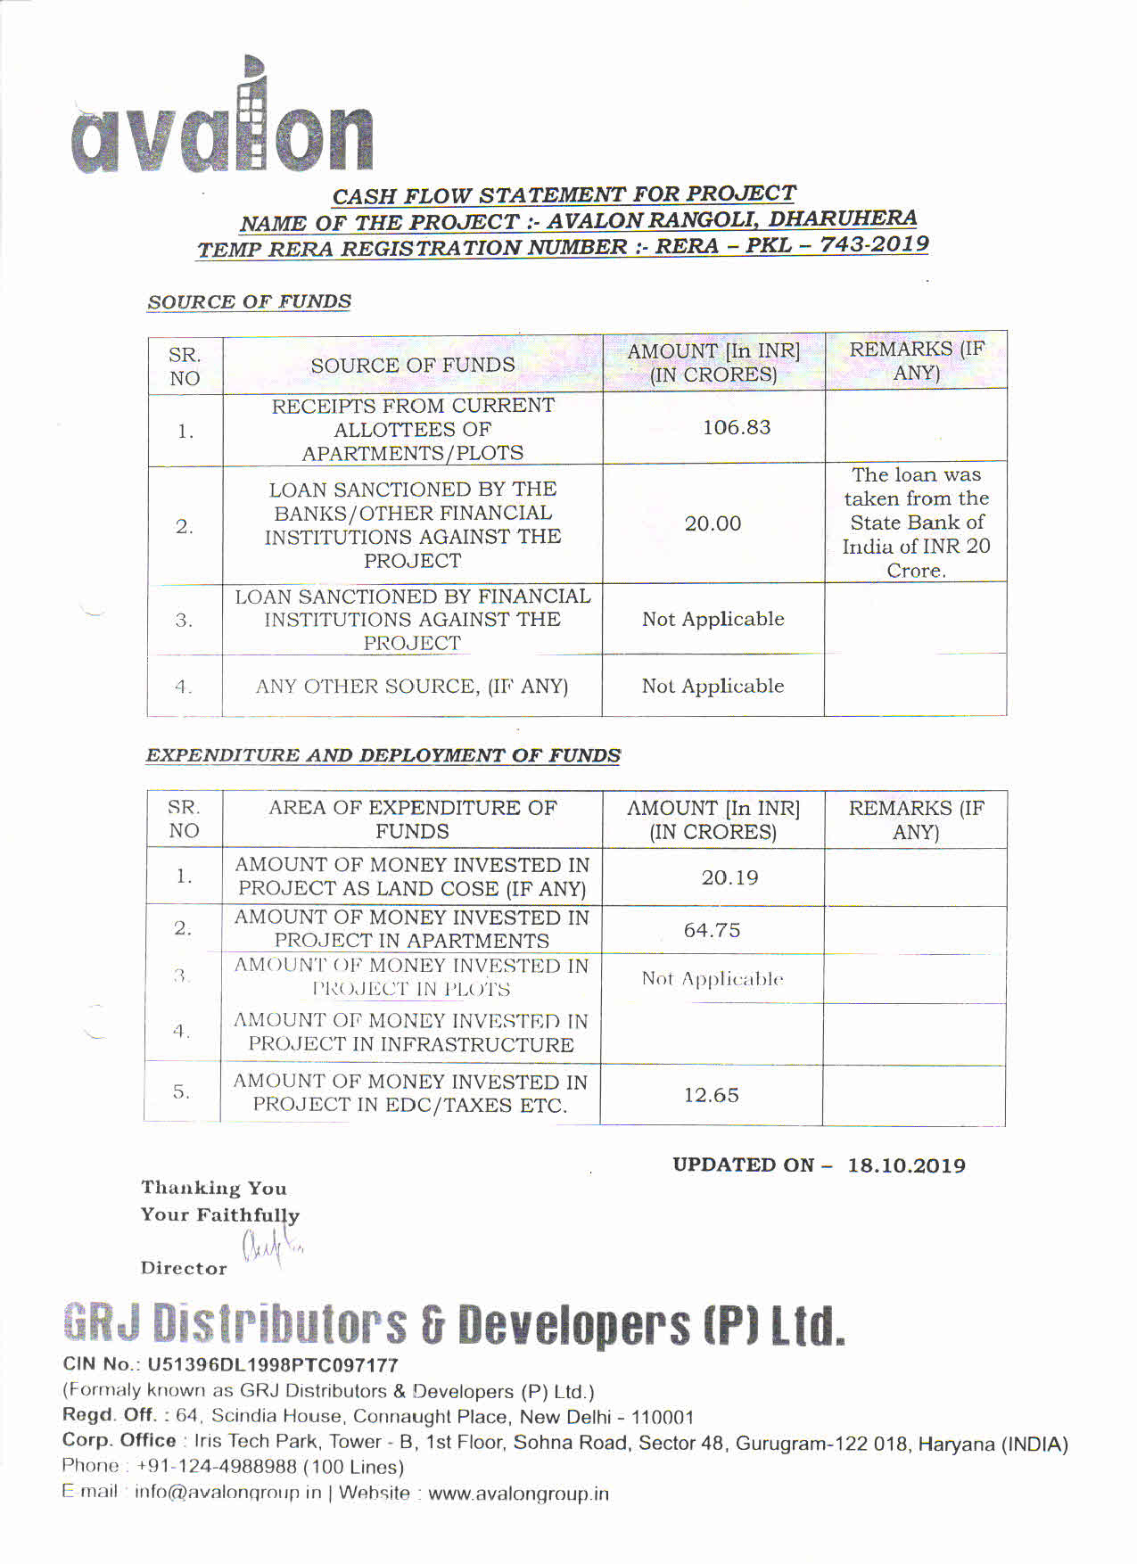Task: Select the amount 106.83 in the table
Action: [x=736, y=428]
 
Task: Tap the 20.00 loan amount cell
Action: [x=713, y=523]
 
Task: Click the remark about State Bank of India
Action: [x=916, y=523]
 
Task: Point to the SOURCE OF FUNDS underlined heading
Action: [x=250, y=302]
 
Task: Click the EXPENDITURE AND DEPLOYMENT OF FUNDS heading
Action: [x=383, y=755]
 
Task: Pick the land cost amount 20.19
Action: [x=729, y=878]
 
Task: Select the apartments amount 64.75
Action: [x=712, y=930]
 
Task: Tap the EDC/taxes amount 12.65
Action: [x=711, y=1095]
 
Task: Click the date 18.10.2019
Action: [x=906, y=1165]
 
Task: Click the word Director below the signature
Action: [x=184, y=1268]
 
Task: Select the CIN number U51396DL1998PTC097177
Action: [x=272, y=1364]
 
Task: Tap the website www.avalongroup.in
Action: [x=518, y=1494]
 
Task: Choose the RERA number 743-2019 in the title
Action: [x=874, y=244]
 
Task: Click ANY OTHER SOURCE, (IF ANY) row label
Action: [x=412, y=687]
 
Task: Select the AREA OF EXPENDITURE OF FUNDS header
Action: [x=412, y=819]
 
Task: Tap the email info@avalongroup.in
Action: [x=227, y=1493]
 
